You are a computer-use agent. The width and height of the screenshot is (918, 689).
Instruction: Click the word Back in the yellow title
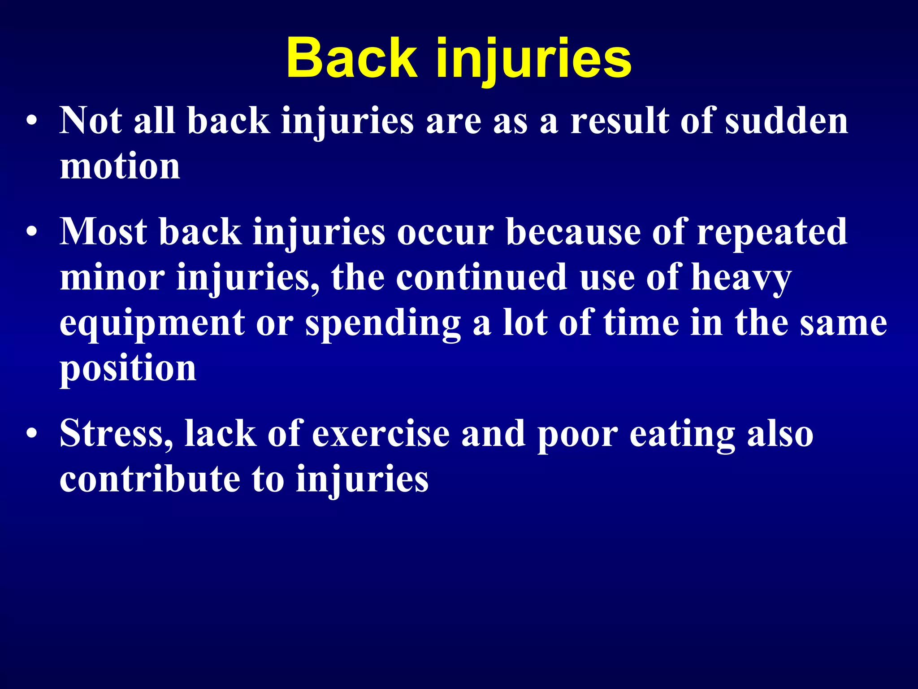point(351,58)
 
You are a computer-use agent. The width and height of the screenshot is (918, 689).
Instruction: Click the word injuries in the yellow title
point(533,61)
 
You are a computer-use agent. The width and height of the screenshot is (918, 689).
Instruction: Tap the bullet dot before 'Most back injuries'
point(31,232)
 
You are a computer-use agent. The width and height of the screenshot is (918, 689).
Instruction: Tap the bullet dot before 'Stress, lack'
point(31,434)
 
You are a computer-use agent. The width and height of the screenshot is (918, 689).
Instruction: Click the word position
point(128,369)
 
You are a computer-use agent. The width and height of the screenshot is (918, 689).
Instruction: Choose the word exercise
point(381,434)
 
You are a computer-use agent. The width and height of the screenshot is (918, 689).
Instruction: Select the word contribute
point(150,479)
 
